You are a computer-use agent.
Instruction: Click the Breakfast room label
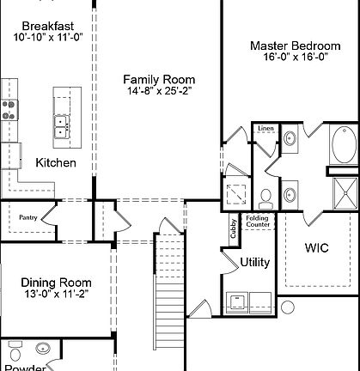coord(46,25)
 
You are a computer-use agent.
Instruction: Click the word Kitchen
coord(56,162)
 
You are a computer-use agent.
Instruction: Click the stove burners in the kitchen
coord(10,109)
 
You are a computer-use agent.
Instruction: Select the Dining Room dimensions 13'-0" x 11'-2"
coord(55,295)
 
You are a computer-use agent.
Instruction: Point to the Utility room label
coord(255,262)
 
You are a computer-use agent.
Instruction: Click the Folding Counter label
coord(258,221)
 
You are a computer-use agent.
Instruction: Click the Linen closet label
coord(265,129)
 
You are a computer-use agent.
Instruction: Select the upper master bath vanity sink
coord(290,138)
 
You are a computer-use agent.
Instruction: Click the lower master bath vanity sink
coord(290,191)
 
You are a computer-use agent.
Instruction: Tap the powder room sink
coord(43,350)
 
